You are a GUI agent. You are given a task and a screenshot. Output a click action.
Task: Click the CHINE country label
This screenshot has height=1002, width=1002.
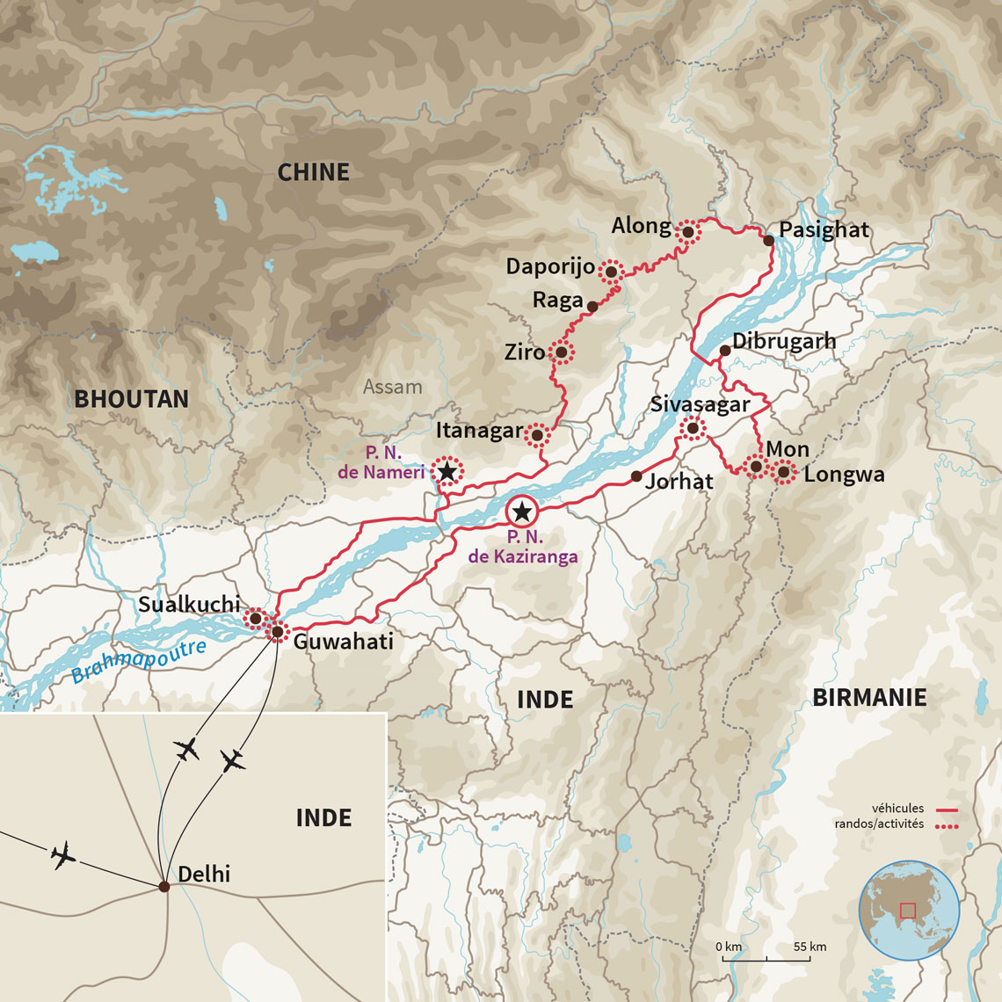(x=313, y=172)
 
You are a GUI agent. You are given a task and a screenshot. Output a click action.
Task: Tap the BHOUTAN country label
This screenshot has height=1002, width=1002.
(x=131, y=399)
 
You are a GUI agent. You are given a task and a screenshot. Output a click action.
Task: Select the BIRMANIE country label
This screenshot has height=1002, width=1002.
(x=868, y=698)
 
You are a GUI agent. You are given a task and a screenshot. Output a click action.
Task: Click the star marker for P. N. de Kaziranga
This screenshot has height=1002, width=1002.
(x=522, y=512)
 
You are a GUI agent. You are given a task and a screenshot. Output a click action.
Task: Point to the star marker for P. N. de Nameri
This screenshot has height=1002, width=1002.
(x=447, y=472)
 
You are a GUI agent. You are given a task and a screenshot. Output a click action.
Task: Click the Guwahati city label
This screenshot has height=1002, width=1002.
(x=343, y=642)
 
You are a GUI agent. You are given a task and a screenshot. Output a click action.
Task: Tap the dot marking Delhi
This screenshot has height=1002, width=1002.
(x=164, y=886)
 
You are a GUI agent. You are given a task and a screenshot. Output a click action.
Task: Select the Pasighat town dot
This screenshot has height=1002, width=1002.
(x=768, y=240)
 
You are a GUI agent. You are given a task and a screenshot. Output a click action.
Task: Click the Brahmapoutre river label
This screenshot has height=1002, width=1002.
(x=139, y=662)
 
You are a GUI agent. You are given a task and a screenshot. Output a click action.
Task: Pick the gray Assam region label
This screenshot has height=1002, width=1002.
(x=392, y=387)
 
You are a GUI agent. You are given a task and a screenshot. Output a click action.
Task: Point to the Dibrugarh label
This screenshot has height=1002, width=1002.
(x=784, y=341)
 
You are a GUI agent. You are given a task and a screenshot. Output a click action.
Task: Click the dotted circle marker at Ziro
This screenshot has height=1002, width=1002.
(x=561, y=352)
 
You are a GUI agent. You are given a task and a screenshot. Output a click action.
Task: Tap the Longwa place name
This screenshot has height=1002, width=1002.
(x=844, y=475)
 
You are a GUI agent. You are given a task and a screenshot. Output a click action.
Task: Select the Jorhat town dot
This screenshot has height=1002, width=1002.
(x=636, y=476)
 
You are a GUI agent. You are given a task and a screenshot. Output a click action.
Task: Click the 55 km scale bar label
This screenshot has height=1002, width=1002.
(x=810, y=947)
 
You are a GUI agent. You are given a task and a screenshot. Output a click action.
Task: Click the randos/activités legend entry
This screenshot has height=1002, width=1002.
(x=879, y=824)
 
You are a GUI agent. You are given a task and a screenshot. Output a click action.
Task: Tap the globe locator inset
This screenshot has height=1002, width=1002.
(x=909, y=910)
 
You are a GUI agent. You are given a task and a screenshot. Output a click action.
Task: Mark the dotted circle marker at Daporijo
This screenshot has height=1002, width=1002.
(x=611, y=272)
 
